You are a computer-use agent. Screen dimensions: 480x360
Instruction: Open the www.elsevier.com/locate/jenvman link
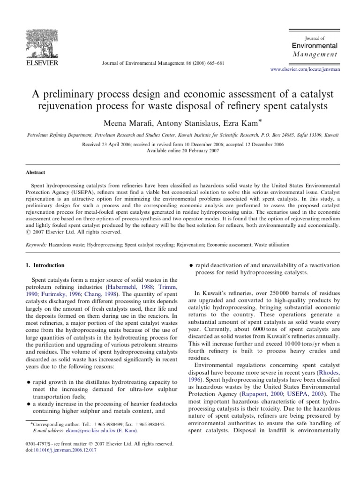pyautogui.click(x=305, y=69)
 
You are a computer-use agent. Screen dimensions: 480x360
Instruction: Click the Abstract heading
pyautogui.click(x=35, y=172)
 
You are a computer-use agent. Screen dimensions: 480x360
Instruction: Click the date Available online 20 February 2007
pyautogui.click(x=180, y=150)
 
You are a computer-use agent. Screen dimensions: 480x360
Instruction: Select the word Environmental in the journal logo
pyautogui.click(x=315, y=46)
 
